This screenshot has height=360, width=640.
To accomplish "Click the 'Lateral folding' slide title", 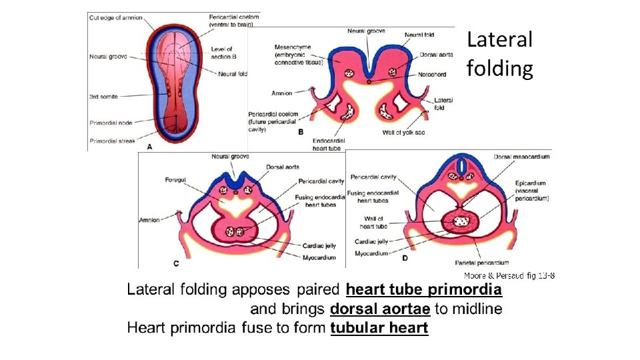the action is [500, 54].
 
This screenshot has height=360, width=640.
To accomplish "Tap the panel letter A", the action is [149, 146].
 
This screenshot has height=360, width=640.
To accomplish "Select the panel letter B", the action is [301, 133].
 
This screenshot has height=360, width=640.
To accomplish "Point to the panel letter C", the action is [176, 263].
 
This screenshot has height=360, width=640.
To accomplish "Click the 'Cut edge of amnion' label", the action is [115, 17].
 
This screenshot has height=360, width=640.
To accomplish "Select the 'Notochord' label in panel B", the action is [433, 74].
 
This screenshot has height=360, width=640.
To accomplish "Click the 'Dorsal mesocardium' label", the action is [522, 157].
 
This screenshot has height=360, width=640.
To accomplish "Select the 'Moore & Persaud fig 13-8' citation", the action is [509, 275].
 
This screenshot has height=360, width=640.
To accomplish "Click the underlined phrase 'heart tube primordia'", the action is [423, 290].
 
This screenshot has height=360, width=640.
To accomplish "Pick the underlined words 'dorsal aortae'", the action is [380, 309].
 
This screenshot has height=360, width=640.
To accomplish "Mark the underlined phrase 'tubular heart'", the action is [379, 328].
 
